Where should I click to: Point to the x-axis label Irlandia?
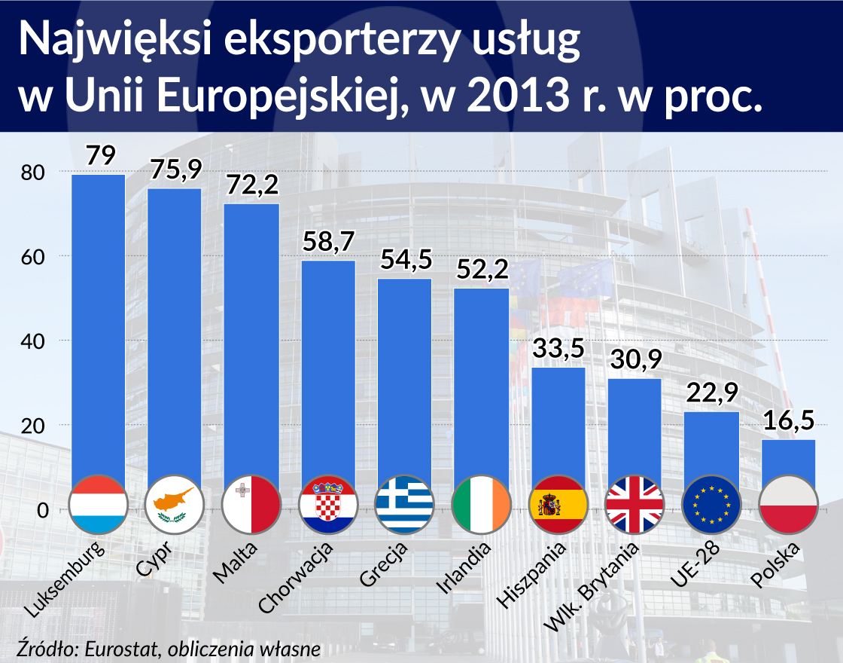(x=465, y=566)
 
